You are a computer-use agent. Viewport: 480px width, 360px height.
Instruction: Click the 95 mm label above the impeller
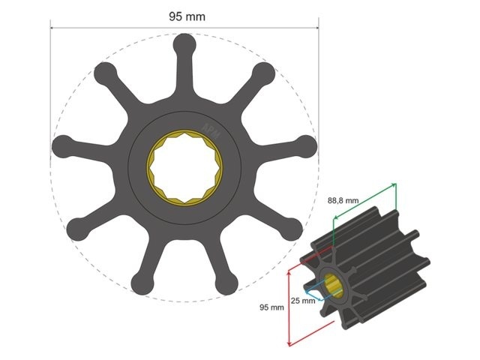coord(184,16)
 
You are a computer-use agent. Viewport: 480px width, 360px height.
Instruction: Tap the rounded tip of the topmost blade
coord(184,46)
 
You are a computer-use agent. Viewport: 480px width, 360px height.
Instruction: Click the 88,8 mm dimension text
coord(344,201)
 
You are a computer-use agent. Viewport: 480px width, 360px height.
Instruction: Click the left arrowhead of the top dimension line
coord(53,28)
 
